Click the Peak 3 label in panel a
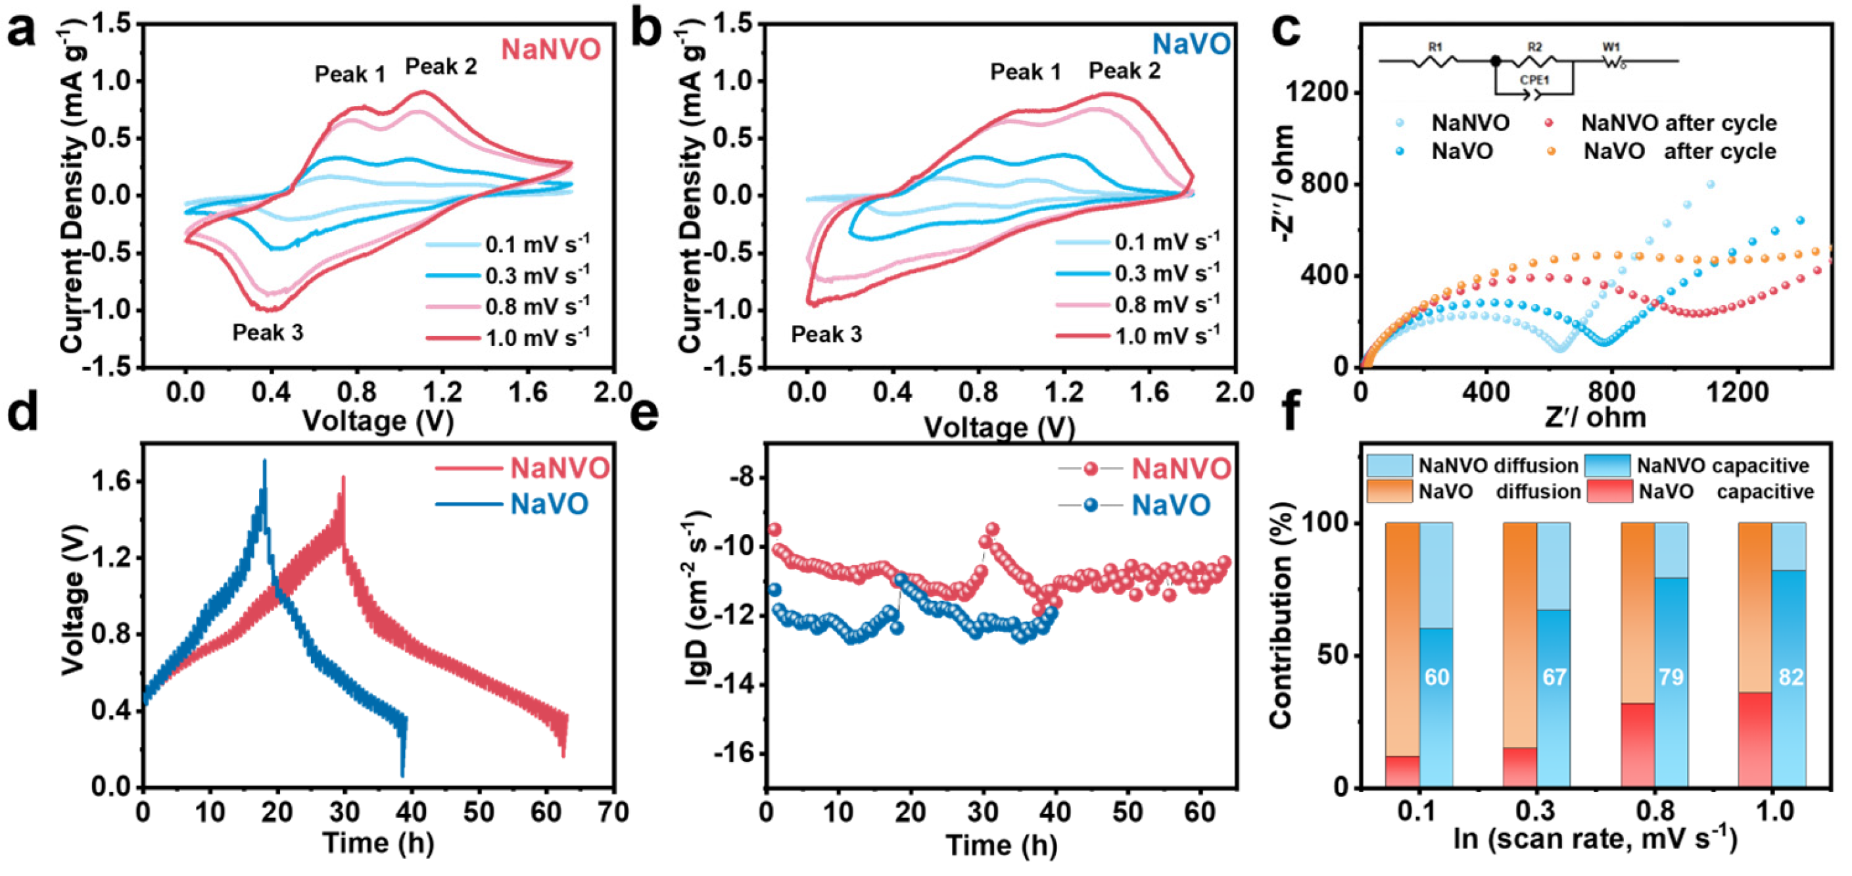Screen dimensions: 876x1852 click(x=268, y=332)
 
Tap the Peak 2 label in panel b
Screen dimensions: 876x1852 click(x=1124, y=70)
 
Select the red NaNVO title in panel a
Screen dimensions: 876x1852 click(x=551, y=49)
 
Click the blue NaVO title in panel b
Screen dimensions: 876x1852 click(x=1191, y=45)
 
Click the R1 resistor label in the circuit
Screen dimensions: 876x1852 click(x=1435, y=47)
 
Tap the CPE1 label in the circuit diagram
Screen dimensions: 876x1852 click(x=1534, y=80)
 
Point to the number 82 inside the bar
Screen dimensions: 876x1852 click(x=1790, y=677)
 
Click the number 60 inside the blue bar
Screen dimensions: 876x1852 click(x=1436, y=677)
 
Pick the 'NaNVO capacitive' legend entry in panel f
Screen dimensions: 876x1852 click(x=1722, y=466)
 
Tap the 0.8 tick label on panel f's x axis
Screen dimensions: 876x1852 click(x=1654, y=812)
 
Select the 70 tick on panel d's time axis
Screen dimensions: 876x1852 click(x=613, y=812)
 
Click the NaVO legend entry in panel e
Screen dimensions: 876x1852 click(x=1170, y=505)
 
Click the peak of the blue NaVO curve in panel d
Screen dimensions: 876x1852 click(x=264, y=462)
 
